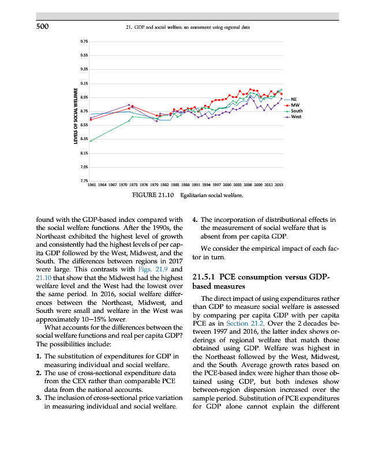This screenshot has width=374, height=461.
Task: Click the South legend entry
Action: point(297,111)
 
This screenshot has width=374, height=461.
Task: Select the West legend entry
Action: point(296,117)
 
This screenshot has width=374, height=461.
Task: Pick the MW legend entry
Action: point(295,105)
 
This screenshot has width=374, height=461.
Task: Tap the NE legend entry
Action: point(294,99)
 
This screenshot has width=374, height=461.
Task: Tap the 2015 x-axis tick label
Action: point(279,186)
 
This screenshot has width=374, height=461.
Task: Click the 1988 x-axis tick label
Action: point(185,186)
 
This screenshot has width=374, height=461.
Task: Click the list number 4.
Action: point(195,219)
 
